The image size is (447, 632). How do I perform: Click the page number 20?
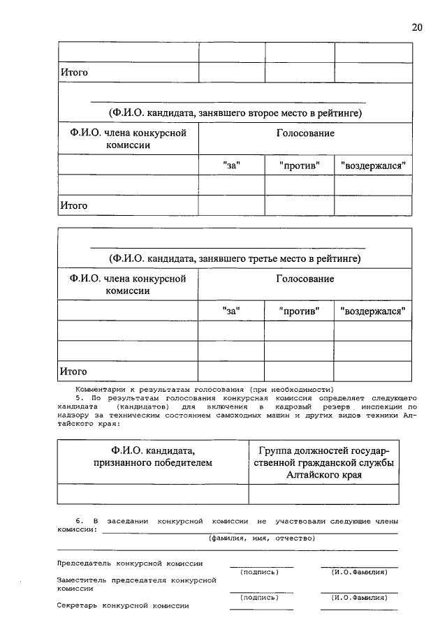pyautogui.click(x=416, y=27)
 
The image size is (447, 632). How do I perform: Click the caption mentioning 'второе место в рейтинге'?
pyautogui.click(x=234, y=112)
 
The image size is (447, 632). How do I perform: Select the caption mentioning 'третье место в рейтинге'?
pyautogui.click(x=234, y=258)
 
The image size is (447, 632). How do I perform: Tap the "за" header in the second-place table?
pyautogui.click(x=231, y=166)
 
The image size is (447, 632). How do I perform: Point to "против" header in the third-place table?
pyautogui.click(x=299, y=311)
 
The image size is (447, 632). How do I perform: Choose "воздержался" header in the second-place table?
pyautogui.click(x=373, y=166)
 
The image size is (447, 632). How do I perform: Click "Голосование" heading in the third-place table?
pyautogui.click(x=305, y=279)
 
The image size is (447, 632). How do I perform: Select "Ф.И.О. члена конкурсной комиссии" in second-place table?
pyautogui.click(x=128, y=139)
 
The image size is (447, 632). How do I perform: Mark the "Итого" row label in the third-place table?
pyautogui.click(x=73, y=371)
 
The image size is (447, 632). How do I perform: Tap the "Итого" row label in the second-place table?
pyautogui.click(x=73, y=205)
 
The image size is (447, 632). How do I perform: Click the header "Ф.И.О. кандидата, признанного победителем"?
pyautogui.click(x=153, y=455)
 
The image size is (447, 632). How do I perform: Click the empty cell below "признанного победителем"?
pyautogui.click(x=153, y=494)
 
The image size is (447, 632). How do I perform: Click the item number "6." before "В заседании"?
pyautogui.click(x=79, y=521)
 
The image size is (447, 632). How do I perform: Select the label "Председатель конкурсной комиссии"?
pyautogui.click(x=130, y=563)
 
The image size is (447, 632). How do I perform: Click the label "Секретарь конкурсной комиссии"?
pyautogui.click(x=123, y=605)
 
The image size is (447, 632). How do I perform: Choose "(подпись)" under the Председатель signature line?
pyautogui.click(x=259, y=572)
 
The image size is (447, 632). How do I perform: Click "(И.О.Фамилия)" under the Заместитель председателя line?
pyautogui.click(x=359, y=597)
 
